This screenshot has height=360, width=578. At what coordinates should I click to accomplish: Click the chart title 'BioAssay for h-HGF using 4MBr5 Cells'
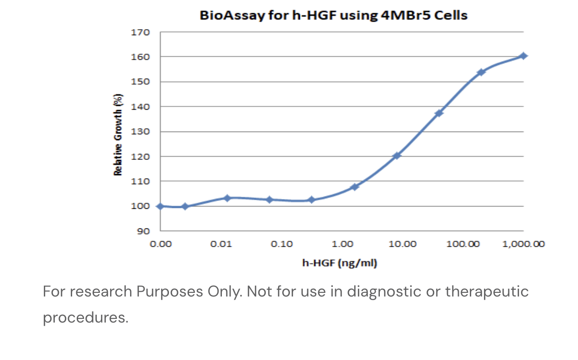coord(333,15)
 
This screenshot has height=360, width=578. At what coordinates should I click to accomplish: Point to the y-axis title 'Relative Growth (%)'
coord(118,135)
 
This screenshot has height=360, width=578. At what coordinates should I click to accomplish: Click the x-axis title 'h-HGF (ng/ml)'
coord(339,263)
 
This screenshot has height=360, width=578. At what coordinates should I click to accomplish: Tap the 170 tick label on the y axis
coord(140,32)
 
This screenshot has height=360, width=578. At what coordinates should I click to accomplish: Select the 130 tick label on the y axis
coord(140,132)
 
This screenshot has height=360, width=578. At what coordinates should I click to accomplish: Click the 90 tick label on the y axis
coord(143,231)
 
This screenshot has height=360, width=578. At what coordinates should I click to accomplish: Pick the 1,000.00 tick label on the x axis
coord(523,244)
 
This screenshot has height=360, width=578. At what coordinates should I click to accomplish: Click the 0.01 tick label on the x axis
coord(221,244)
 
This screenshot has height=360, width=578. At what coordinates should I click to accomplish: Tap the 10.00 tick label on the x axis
coord(402,244)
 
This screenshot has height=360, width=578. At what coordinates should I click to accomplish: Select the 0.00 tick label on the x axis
coord(160,244)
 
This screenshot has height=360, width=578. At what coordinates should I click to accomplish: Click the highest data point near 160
coord(523,56)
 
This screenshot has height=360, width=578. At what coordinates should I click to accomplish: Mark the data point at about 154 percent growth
coord(481,72)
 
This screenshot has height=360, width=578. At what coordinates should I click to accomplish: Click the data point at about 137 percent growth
coord(439,113)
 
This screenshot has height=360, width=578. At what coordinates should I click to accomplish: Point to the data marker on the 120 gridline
coord(397,155)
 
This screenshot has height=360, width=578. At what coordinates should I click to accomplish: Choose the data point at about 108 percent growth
coord(354,187)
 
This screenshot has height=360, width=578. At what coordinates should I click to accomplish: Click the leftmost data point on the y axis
coord(160,206)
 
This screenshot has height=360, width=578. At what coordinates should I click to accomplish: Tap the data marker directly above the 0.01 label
coord(227,198)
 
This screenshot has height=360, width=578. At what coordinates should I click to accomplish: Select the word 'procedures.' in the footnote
coord(85,317)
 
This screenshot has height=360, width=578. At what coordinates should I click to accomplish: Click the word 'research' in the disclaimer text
coord(100,291)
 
